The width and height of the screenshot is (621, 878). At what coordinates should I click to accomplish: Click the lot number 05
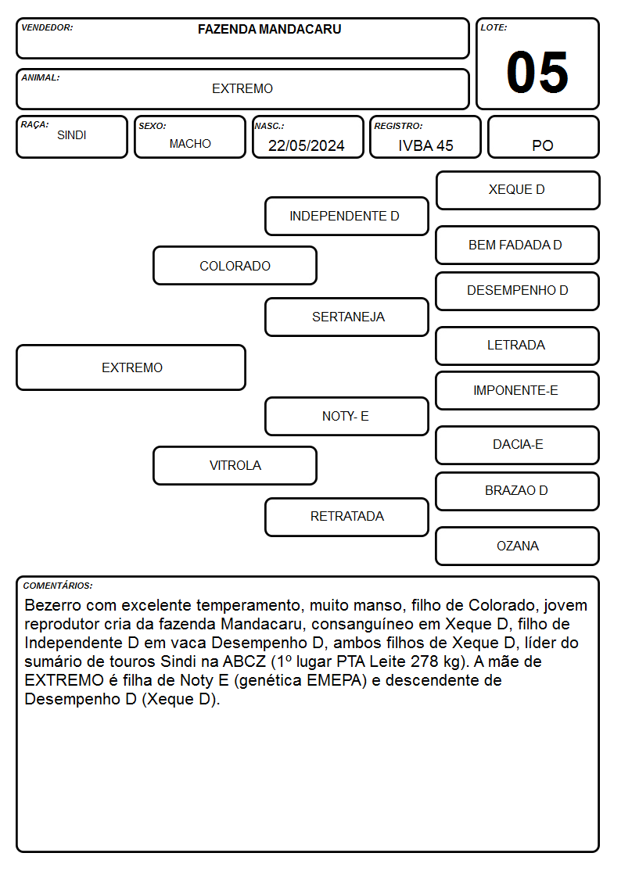click(537, 72)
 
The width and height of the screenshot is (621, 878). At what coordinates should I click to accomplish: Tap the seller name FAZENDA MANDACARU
click(269, 30)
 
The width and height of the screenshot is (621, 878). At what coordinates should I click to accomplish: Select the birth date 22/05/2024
click(307, 145)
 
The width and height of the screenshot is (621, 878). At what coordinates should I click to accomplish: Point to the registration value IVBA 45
click(425, 145)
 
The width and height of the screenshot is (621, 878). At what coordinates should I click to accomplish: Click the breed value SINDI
click(72, 135)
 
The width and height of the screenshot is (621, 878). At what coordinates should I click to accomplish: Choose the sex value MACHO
click(190, 144)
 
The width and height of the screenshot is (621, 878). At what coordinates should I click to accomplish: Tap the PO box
click(543, 137)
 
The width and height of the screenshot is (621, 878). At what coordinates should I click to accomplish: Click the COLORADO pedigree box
click(235, 265)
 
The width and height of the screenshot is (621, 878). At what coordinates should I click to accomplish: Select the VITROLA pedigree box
click(235, 465)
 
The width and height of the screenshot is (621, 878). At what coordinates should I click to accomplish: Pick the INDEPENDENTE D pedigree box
click(346, 216)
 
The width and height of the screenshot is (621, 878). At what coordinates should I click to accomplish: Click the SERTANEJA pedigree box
click(346, 317)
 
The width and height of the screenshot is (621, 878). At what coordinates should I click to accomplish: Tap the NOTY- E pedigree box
click(346, 416)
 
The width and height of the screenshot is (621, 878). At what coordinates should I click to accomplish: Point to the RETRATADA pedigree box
click(346, 517)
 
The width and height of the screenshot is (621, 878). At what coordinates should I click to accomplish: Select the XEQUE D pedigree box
click(518, 191)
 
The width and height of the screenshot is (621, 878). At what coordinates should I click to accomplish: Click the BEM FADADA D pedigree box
click(518, 245)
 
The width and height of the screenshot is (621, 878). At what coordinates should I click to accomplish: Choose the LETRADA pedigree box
click(518, 346)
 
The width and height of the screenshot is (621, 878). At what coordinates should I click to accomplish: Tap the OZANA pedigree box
click(518, 546)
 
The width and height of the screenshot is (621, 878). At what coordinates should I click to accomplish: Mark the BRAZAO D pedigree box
click(518, 491)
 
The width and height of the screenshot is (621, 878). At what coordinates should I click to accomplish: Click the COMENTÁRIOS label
click(58, 586)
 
